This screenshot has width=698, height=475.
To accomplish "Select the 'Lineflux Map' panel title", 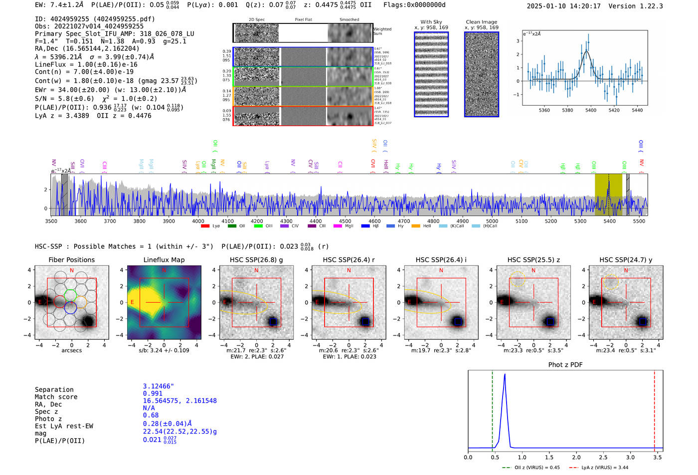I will pos(164,260).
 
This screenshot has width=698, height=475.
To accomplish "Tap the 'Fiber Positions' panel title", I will pos(71,260).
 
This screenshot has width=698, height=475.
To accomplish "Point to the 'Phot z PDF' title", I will pos(565,364).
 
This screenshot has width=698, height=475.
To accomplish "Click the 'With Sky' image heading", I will pos(431,22).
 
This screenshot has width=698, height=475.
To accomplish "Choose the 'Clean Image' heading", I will pos(481,22).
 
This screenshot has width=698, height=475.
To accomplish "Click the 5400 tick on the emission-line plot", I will pos(591,110).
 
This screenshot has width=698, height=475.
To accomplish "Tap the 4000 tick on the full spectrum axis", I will pos(198,221).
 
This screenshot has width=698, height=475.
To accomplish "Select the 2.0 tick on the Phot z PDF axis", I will pos(576,457).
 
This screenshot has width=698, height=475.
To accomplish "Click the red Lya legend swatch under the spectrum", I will pos(205,226).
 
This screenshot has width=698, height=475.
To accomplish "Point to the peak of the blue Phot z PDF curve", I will pos(505,374).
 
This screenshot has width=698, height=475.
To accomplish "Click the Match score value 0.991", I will pos(153,393).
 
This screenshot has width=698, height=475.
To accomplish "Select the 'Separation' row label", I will pos(54,389).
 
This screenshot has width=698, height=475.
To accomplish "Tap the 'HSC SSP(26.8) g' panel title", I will pos(256,260).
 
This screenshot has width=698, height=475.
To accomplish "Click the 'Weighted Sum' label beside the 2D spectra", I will pos(382,31).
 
